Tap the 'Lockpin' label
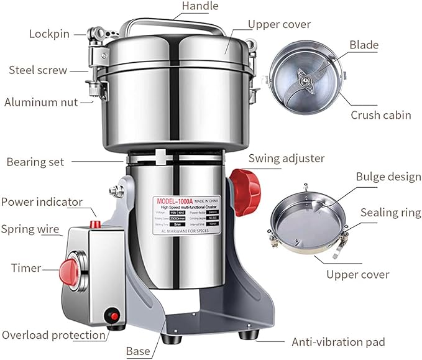(49, 34)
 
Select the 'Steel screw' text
(37, 70)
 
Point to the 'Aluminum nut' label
(41, 102)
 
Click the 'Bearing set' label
(35, 162)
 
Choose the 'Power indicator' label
(42, 202)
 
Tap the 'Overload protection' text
(53, 335)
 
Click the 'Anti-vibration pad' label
(339, 342)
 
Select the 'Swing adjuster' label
(287, 158)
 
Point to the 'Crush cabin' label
(381, 115)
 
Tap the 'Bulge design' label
(388, 177)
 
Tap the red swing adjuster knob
(240, 185)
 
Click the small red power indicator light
(96, 223)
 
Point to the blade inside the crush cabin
(303, 80)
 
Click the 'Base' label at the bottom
(138, 351)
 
